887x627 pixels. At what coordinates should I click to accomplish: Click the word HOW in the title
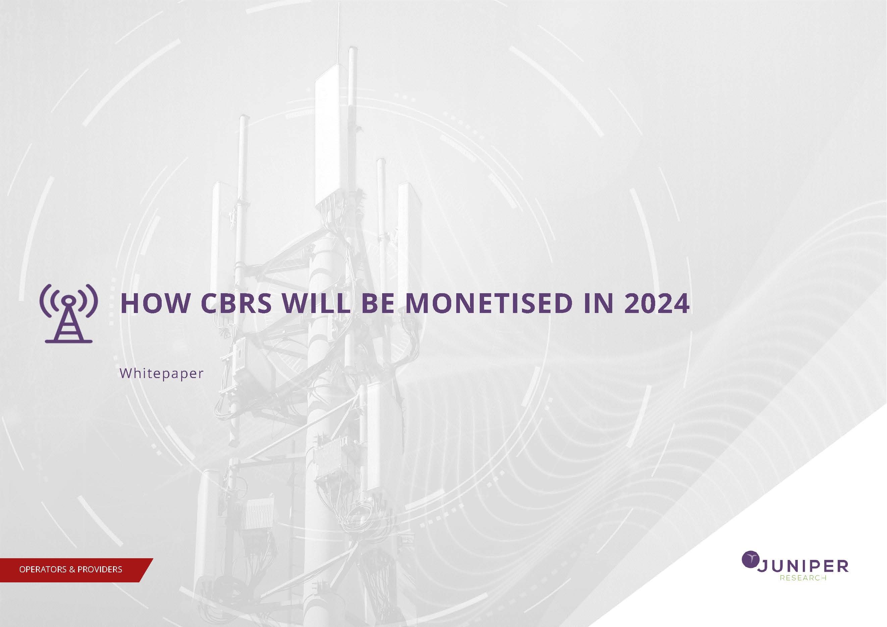(x=155, y=303)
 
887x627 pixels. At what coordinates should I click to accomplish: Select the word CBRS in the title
(x=236, y=303)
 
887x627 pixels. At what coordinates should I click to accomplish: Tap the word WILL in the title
(x=316, y=303)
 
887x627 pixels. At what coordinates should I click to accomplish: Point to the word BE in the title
(x=378, y=303)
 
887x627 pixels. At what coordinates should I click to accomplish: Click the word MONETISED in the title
(x=489, y=303)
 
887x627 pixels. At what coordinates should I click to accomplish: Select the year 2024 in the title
(x=657, y=303)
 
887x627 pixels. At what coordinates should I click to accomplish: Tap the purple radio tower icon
(x=69, y=313)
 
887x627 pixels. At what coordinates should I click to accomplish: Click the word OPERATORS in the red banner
(x=43, y=569)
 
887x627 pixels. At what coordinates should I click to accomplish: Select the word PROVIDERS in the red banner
(x=100, y=569)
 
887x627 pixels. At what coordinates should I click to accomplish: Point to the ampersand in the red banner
(x=72, y=569)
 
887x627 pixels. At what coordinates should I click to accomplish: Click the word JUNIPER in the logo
(x=803, y=566)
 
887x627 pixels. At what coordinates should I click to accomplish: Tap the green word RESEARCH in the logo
(x=803, y=578)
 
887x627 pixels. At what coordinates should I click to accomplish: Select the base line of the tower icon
(x=69, y=341)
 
